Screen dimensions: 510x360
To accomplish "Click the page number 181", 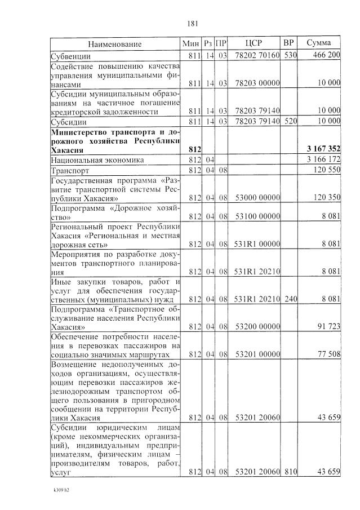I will pyautogui.click(x=192, y=24).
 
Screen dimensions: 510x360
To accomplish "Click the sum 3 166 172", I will pyautogui.click(x=322, y=160).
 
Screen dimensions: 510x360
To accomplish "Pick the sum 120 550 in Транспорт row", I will pyautogui.click(x=325, y=170).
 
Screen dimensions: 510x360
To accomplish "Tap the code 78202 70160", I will pyautogui.click(x=256, y=55).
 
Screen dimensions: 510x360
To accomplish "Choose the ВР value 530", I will pyautogui.click(x=290, y=55).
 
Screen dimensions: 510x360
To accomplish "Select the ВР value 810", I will pyautogui.click(x=290, y=471).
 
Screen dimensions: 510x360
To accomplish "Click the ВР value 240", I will pyautogui.click(x=290, y=298).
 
